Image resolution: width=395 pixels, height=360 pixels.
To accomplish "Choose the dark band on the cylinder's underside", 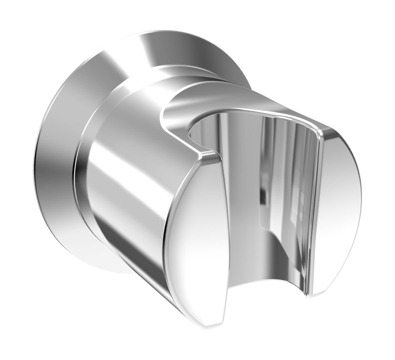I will click(140, 267).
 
